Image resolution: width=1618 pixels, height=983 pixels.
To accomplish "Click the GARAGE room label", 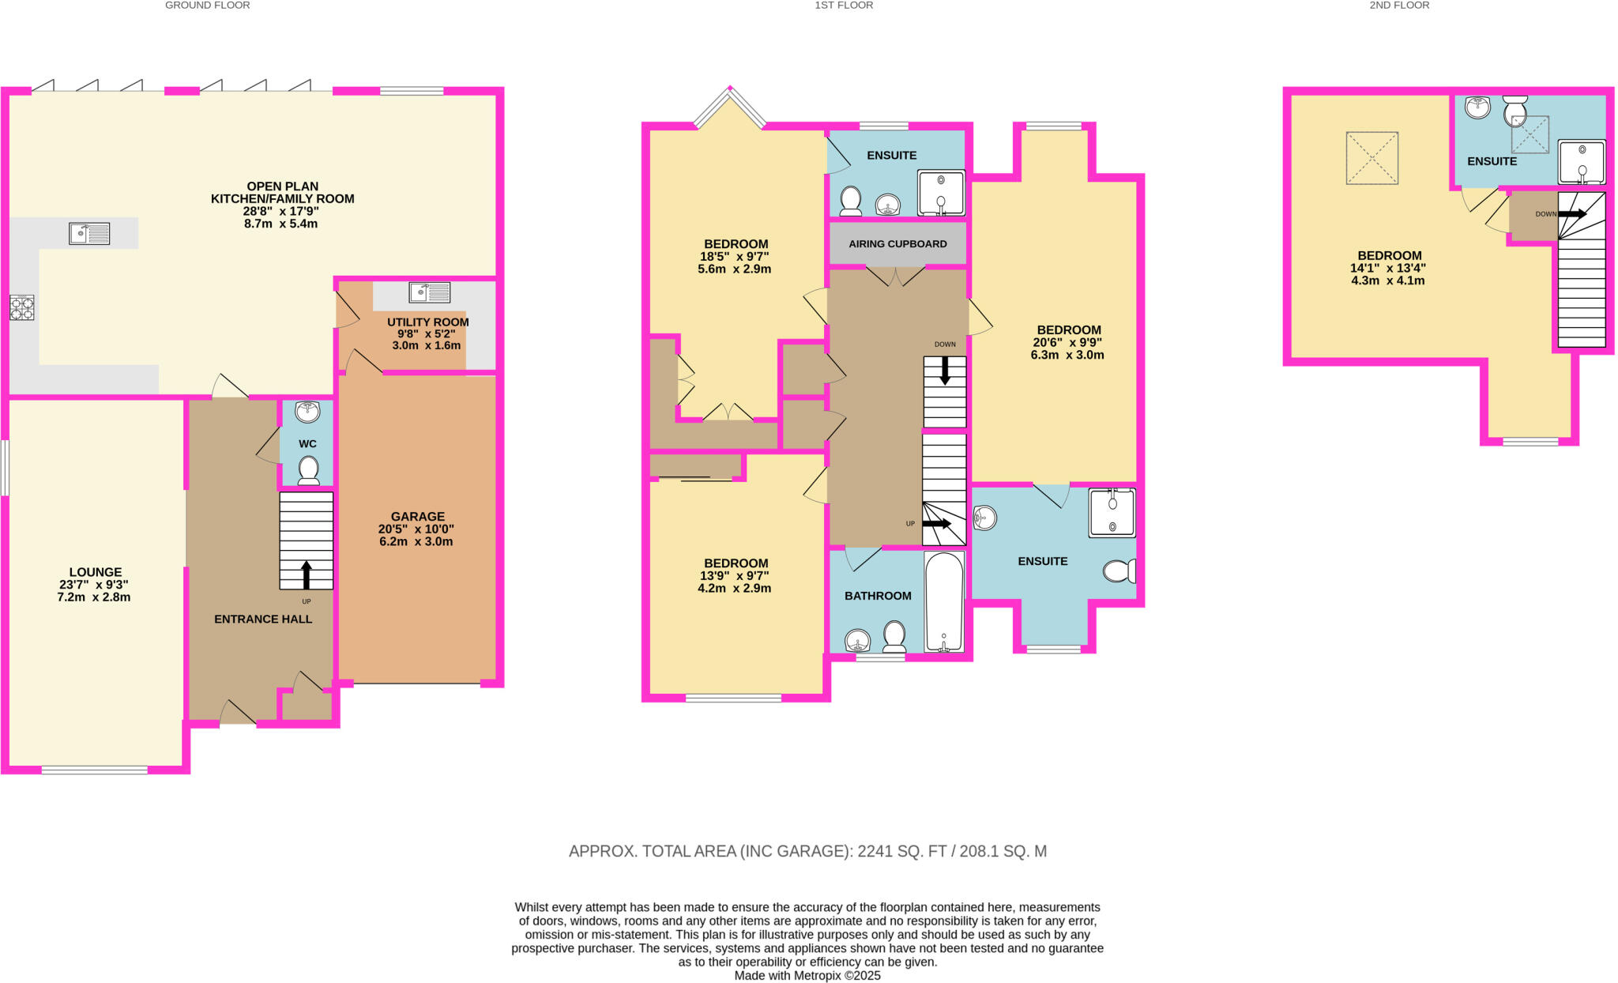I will pos(417,516).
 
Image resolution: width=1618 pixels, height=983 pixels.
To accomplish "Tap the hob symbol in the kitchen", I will pos(21,307).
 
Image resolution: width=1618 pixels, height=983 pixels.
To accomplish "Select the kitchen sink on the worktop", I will pos(89,233).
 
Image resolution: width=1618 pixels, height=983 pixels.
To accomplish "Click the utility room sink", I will pos(430,292).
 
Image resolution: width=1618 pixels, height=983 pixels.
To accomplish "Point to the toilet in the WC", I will pos(308,469).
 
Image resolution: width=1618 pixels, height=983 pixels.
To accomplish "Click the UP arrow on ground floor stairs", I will pos(307,575).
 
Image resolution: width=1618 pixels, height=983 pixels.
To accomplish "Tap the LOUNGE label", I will pos(96,572).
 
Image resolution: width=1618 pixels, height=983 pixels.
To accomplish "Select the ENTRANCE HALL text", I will pos(263,619).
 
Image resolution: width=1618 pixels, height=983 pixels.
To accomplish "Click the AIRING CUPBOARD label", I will pos(897,243).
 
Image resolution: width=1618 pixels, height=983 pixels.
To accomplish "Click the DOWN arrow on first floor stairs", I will pos(944,371).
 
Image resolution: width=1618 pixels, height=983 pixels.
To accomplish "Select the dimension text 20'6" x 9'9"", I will pos(1067,342).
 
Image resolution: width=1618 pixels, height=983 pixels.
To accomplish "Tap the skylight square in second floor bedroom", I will pos(1372,158).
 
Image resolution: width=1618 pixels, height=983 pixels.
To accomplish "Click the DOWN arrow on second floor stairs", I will pos(1571,213).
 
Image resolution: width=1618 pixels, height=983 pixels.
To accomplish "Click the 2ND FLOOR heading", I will pos(1399,6).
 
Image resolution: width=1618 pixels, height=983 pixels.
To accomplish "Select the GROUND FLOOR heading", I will pos(207,6).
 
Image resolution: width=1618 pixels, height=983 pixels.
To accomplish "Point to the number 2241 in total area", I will pos(875,851).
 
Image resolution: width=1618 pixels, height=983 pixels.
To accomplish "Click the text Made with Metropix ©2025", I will pos(807,975).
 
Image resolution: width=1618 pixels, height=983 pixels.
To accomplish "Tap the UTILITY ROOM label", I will pos(427,322).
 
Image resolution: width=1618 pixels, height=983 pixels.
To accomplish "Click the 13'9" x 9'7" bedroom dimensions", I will pos(736,575).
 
